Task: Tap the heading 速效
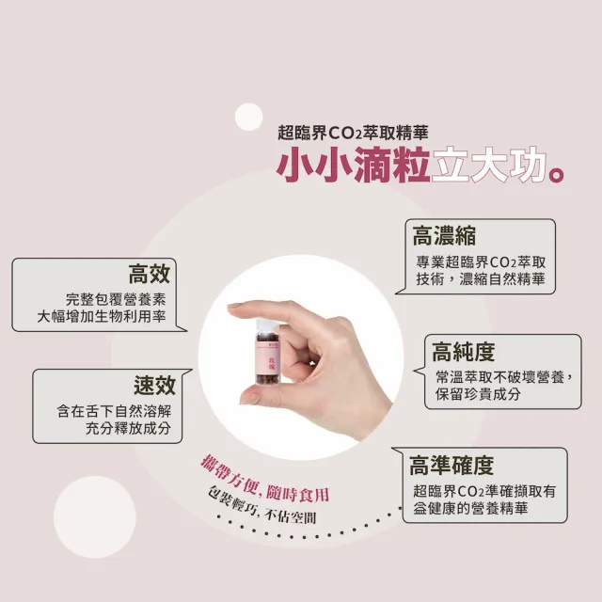tap(154, 385)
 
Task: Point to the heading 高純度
tap(463, 352)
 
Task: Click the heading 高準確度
tap(451, 465)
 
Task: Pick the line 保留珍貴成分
tap(478, 395)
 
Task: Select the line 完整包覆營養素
tap(116, 298)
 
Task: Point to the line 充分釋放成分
tap(128, 428)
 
